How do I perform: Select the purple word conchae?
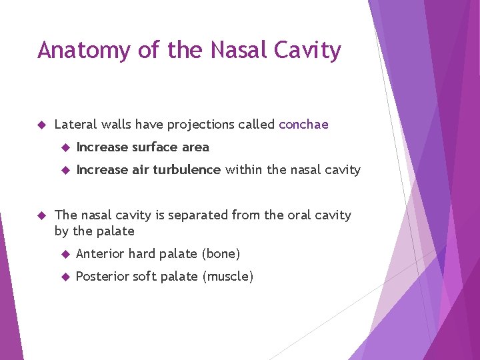303,125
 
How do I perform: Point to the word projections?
199,125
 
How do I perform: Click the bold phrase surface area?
170,147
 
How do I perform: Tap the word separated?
199,215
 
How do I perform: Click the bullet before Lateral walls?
41,125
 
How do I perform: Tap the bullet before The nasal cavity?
41,215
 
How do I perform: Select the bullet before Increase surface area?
64,147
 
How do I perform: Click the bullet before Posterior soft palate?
64,277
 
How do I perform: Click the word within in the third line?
244,170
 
